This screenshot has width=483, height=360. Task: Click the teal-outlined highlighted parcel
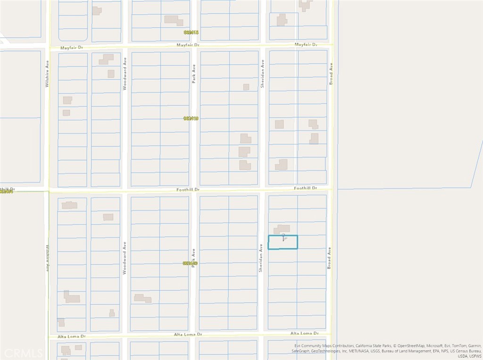[x=283, y=242]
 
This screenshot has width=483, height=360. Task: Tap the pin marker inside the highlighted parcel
[x=283, y=237]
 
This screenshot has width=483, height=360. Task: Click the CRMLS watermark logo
[x=22, y=352]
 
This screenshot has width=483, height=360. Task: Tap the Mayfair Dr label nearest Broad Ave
[x=306, y=45]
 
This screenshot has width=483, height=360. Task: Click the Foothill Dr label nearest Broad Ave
[x=306, y=188]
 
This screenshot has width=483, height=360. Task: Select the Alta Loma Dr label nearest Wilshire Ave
[x=71, y=336]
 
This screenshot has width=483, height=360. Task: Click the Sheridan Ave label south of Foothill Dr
[x=260, y=257]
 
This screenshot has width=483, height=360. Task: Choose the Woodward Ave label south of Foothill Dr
[x=125, y=253]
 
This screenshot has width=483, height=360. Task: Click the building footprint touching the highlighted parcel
[x=282, y=229]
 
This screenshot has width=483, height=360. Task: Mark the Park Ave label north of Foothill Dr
[x=193, y=74]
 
